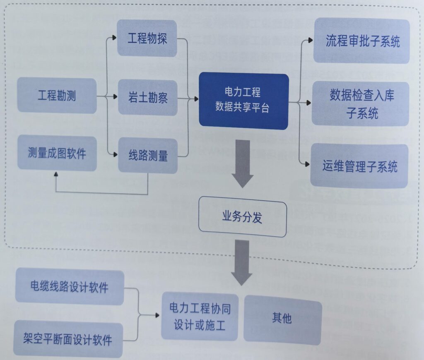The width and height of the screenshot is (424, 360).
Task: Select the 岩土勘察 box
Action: point(148,98)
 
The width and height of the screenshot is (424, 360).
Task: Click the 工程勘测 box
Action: point(57,96)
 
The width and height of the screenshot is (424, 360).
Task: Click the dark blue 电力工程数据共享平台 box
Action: point(243,101)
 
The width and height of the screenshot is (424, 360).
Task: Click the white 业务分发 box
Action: point(242,216)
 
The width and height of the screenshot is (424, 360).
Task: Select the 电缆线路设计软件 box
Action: point(70,286)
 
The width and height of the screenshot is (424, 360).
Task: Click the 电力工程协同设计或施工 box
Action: point(200,316)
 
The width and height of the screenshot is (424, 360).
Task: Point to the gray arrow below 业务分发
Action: point(242,262)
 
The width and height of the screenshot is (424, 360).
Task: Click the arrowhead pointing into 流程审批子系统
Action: point(310,41)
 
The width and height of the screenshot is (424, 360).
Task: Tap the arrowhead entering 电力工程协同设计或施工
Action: point(158,315)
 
